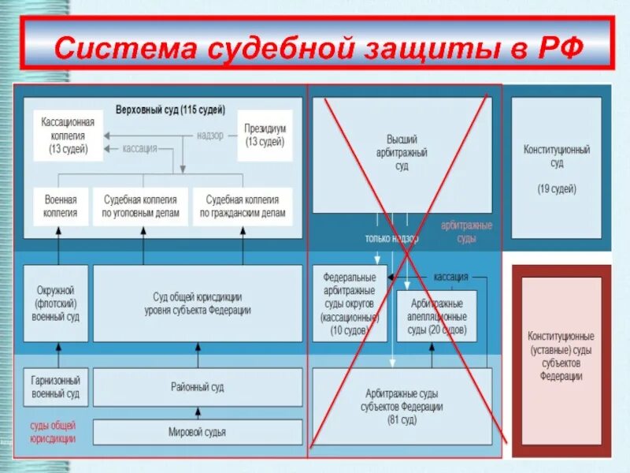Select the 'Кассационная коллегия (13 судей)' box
[69, 135]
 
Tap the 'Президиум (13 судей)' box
[265, 135]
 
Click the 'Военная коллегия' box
[61, 206]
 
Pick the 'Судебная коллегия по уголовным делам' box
[141, 206]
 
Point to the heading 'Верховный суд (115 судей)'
[170, 109]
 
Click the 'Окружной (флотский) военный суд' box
[56, 303]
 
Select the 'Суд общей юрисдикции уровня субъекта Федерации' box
[198, 303]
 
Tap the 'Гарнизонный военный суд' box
[56, 386]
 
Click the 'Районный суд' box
[198, 386]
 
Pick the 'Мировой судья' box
[198, 431]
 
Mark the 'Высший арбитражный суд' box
[402, 154]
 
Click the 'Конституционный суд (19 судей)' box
[557, 167]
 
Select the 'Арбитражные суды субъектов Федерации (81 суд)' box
[402, 405]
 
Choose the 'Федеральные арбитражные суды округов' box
[350, 303]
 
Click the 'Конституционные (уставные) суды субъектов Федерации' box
[561, 356]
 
